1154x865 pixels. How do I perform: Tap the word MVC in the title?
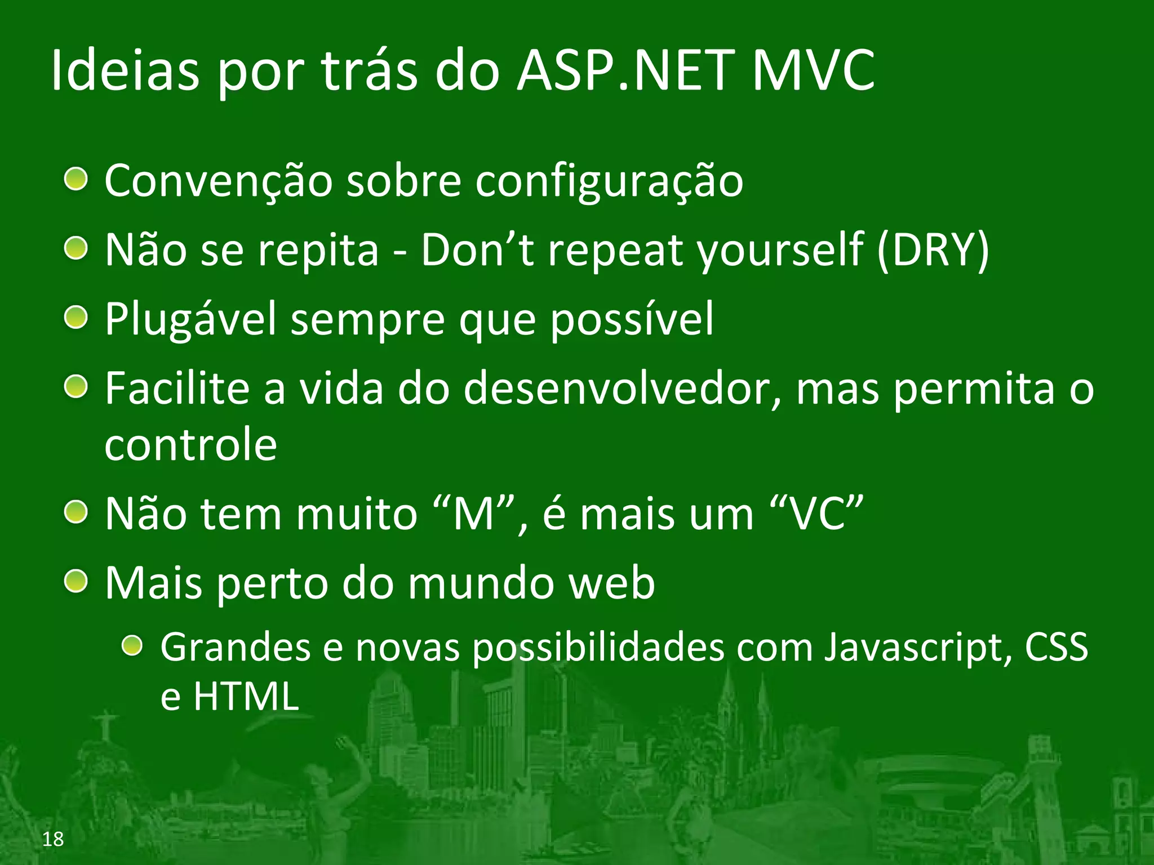[814, 71]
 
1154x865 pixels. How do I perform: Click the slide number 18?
[53, 839]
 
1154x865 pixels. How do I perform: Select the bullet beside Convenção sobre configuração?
[76, 180]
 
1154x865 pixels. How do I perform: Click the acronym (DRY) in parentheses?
[933, 250]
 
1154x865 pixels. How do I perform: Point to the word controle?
[190, 445]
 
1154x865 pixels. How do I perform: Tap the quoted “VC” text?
[816, 514]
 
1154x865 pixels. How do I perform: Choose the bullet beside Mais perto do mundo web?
[76, 581]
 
